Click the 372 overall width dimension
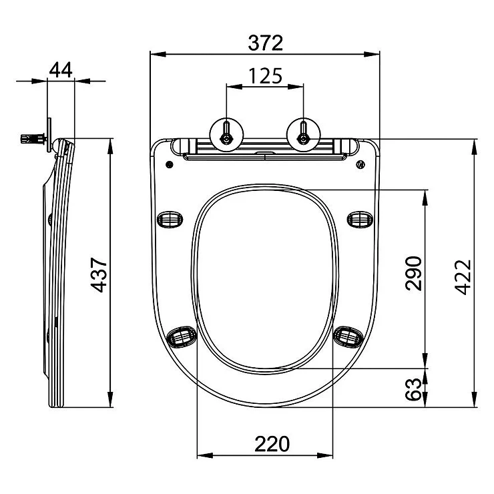click(265, 43)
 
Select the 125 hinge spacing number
click(265, 76)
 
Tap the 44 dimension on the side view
click(61, 69)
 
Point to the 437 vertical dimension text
click(99, 275)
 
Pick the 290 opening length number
click(413, 273)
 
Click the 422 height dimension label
click(463, 277)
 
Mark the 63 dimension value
click(413, 389)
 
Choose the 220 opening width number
click(272, 444)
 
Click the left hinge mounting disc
click(226, 135)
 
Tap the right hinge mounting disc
click(303, 135)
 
